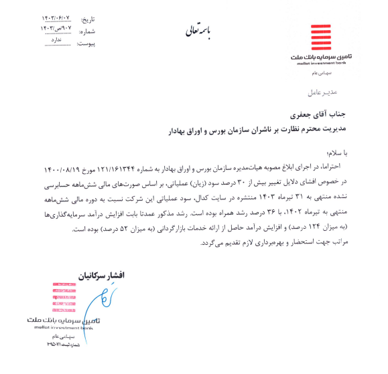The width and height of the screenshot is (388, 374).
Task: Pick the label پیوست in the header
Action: [86, 43]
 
